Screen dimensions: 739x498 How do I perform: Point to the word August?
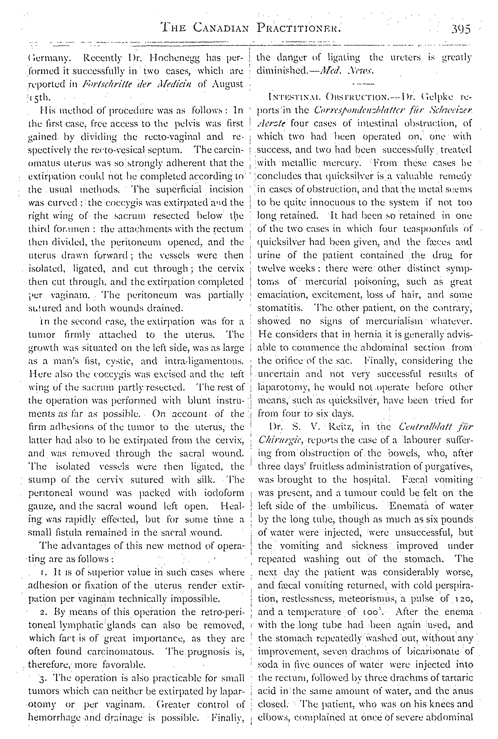tap(228, 84)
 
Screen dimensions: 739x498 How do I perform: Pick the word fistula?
tap(79, 532)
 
